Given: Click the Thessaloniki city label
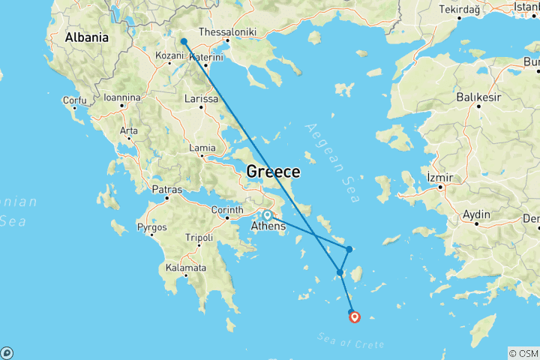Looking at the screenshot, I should coord(227,32).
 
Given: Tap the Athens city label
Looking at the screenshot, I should coord(268,226).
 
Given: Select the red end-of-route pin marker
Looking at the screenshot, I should coord(355,316).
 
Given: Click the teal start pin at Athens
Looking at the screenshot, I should coord(267,215).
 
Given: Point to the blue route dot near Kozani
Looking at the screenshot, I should coord(184,42).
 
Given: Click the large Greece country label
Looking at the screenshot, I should coord(273,172).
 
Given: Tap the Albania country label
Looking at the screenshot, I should coord(86,37).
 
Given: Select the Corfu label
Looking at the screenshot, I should coord(75,100).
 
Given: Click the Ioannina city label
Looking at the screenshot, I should coord(122,97).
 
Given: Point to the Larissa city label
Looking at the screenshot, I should coord(201,99).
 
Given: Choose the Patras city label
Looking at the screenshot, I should coord(166,189).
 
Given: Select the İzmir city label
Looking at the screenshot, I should coord(441,176).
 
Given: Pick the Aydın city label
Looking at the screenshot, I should coord(476,214).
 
